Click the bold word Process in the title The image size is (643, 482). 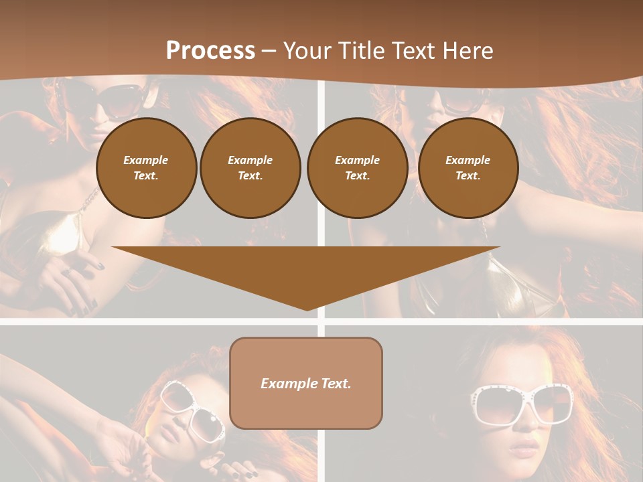(x=210, y=51)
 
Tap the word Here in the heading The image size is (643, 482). (x=467, y=51)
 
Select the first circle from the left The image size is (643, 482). (x=146, y=167)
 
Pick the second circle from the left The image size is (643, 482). (x=250, y=167)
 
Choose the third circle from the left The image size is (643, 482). (x=357, y=167)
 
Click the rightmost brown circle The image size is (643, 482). (x=468, y=167)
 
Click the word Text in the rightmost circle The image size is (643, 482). (x=468, y=175)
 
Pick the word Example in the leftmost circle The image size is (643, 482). (x=146, y=160)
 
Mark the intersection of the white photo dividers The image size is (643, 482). (x=321, y=321)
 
